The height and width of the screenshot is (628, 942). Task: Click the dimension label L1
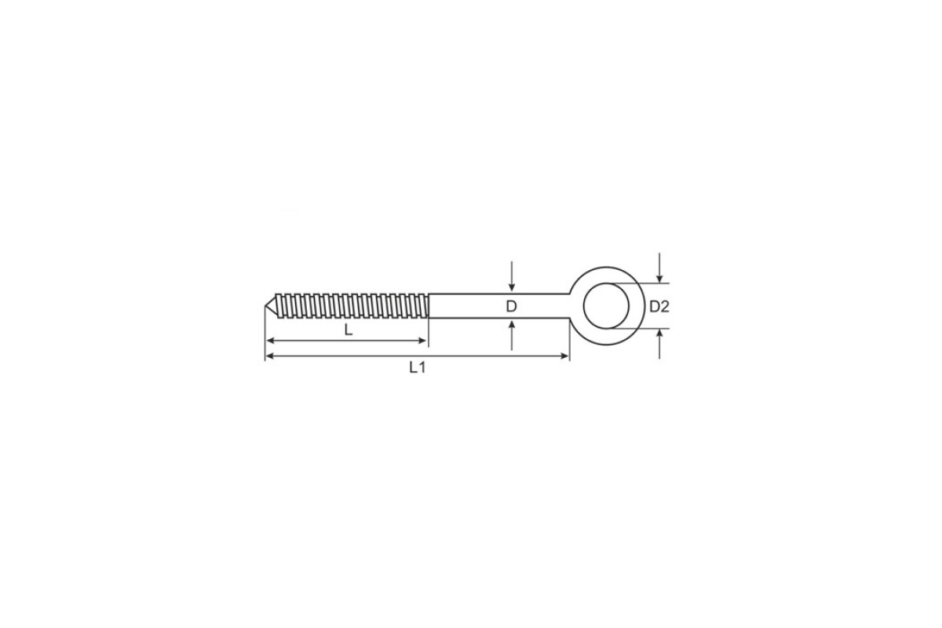pyautogui.click(x=418, y=368)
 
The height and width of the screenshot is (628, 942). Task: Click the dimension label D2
pyautogui.click(x=659, y=307)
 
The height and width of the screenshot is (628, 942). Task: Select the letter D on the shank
pyautogui.click(x=511, y=307)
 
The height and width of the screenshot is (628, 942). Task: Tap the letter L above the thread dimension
pyautogui.click(x=349, y=330)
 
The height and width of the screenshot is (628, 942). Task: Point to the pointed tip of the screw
pyautogui.click(x=265, y=306)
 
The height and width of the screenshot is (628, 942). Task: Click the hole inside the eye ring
pyautogui.click(x=606, y=306)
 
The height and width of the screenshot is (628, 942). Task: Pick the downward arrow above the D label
pyautogui.click(x=511, y=276)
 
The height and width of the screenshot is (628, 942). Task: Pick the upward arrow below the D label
pyautogui.click(x=511, y=335)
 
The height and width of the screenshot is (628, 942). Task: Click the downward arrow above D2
pyautogui.click(x=659, y=268)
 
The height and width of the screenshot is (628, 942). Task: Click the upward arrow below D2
pyautogui.click(x=659, y=344)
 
